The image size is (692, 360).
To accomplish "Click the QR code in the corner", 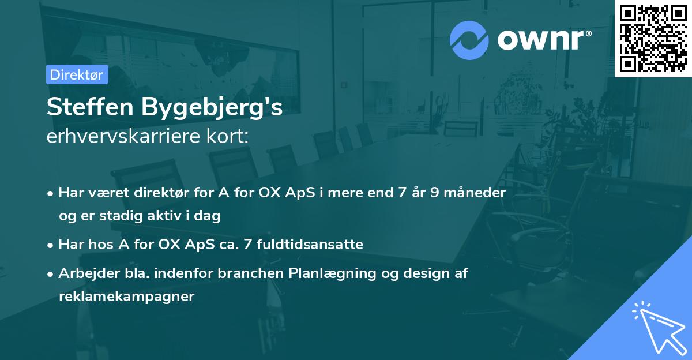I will coord(653,39).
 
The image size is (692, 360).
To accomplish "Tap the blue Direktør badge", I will coord(77,74).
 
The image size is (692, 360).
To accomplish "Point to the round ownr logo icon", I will coord(470,40).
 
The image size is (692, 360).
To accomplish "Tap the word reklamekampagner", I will coord(127,297).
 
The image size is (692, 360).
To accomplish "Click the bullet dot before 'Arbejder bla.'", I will coord(51,274).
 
